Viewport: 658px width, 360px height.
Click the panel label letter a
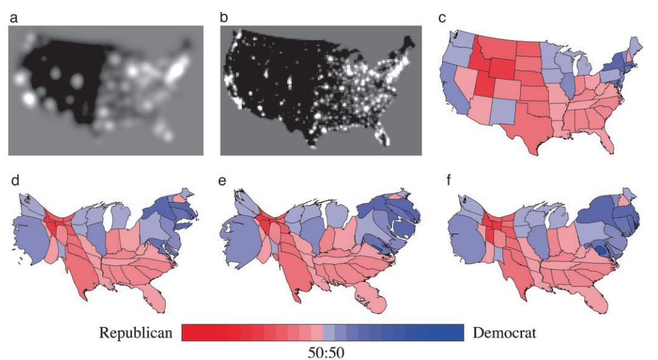pyautogui.click(x=13, y=18)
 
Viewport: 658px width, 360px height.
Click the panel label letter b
pyautogui.click(x=224, y=18)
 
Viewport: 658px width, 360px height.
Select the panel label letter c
pyautogui.click(x=443, y=18)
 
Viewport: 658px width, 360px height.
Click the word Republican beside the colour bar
pyautogui.click(x=135, y=333)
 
